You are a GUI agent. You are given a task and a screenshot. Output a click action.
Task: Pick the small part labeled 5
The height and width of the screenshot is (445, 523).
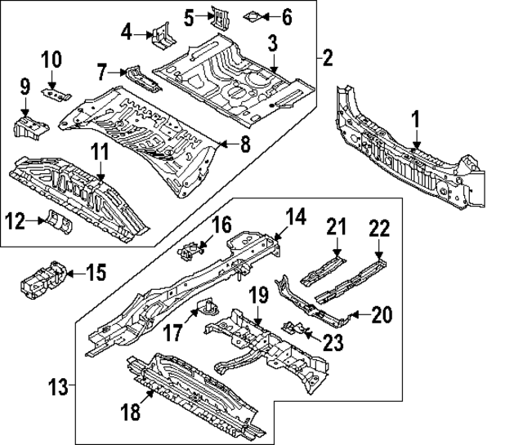coord(218,16)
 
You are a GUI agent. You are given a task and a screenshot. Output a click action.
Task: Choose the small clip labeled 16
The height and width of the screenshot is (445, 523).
coord(190,251)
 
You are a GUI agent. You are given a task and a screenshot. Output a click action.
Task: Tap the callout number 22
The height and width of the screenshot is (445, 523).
coord(378,229)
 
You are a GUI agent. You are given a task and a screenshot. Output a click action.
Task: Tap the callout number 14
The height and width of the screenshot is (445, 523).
coord(294,216)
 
